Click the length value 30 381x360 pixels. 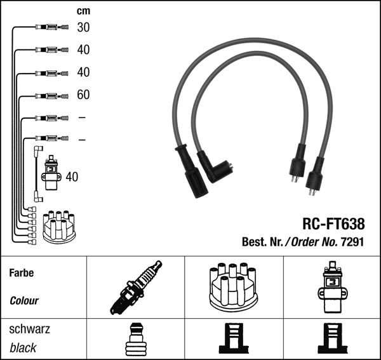(x=83, y=27)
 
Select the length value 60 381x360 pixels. (x=83, y=95)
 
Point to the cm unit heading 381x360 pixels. (x=83, y=11)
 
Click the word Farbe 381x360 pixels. (x=22, y=274)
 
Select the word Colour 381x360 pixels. (x=24, y=301)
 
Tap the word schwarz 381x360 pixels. (x=30, y=330)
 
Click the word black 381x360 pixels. (x=23, y=347)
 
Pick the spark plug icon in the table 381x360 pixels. (x=136, y=286)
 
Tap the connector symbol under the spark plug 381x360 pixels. (x=135, y=341)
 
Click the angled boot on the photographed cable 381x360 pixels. (x=216, y=167)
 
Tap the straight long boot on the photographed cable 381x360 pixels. (x=191, y=174)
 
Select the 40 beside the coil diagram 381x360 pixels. (x=72, y=177)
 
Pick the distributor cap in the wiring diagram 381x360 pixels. (x=59, y=226)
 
